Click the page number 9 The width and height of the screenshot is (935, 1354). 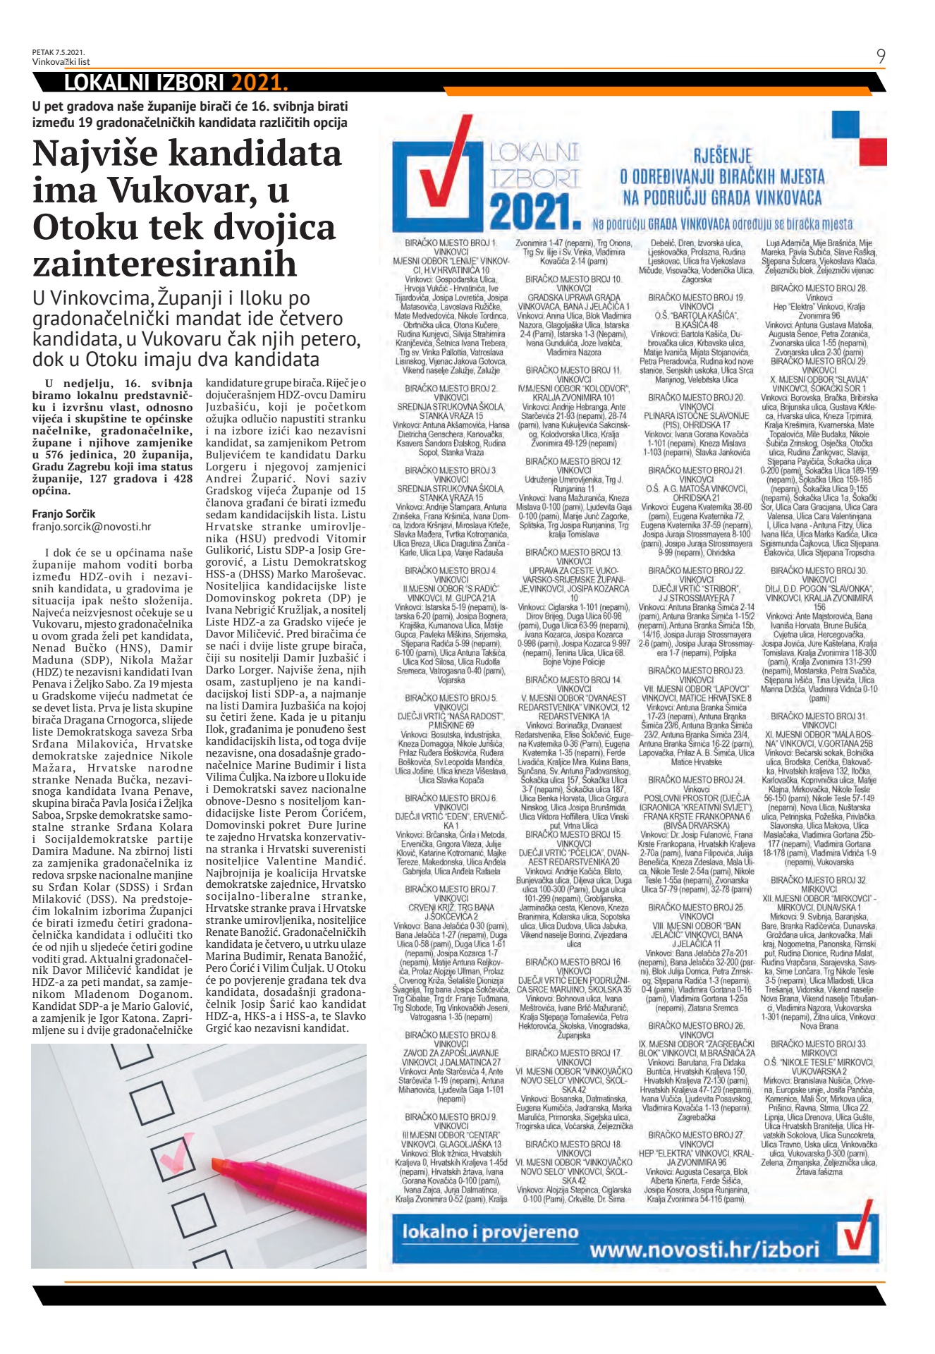pyautogui.click(x=881, y=56)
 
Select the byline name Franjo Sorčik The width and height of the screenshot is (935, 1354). pyautogui.click(x=63, y=513)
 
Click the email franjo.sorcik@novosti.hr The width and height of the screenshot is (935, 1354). pyautogui.click(x=92, y=526)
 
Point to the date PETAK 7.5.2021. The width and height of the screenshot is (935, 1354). pyautogui.click(x=58, y=52)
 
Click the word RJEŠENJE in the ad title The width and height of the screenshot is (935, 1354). pyautogui.click(x=723, y=156)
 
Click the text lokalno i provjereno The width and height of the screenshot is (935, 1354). pyautogui.click(x=490, y=1232)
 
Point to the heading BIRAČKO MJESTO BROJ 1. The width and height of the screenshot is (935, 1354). pyautogui.click(x=451, y=243)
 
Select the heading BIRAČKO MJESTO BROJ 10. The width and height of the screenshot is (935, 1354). pyautogui.click(x=573, y=279)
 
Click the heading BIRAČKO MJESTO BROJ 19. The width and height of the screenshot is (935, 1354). pyautogui.click(x=696, y=298)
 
